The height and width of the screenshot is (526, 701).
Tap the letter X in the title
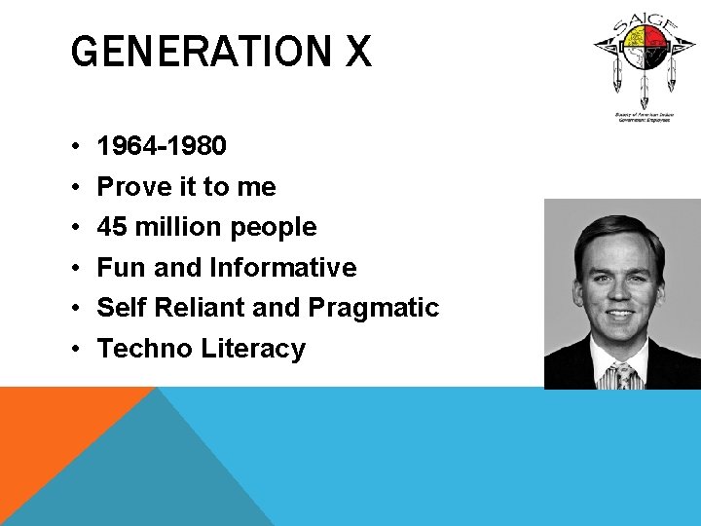(x=356, y=52)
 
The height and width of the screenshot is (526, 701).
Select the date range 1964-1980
(x=163, y=146)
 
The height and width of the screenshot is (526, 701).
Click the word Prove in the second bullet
(x=131, y=186)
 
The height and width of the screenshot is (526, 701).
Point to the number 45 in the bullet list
(x=113, y=227)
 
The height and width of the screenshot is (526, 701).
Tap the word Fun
(x=121, y=267)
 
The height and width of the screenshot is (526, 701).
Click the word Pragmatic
(x=373, y=309)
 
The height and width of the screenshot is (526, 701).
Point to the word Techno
(x=146, y=349)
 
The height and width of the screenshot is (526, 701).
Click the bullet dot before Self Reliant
(x=75, y=309)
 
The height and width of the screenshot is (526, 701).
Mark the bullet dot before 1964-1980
(x=75, y=147)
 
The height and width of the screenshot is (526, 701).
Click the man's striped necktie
(x=620, y=376)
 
